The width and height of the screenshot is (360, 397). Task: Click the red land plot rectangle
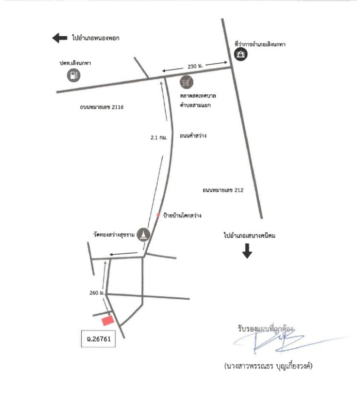108,321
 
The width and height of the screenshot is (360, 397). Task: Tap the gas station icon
73,75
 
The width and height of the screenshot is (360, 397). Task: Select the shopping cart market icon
187,82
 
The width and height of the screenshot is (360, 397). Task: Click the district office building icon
240,54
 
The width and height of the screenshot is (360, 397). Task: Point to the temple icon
143,234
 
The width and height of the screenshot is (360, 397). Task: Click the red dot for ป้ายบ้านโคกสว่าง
158,215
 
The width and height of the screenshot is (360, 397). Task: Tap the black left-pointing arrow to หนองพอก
60,38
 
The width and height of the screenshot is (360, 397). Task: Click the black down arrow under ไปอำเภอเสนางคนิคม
247,251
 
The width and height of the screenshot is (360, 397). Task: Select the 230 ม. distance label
195,66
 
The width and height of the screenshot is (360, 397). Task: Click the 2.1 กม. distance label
159,138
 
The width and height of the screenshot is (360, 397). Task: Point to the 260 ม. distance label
97,293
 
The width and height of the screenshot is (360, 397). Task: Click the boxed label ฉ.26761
98,338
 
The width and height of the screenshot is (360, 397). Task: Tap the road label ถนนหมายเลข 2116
102,107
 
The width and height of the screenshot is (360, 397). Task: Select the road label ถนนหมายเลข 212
223,190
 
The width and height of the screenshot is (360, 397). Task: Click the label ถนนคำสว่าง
193,135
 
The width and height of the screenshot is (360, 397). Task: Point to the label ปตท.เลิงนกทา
75,63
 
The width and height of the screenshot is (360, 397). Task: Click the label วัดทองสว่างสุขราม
114,235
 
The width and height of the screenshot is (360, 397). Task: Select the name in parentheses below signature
268,366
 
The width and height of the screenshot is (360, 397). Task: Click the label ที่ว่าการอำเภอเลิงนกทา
260,44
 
